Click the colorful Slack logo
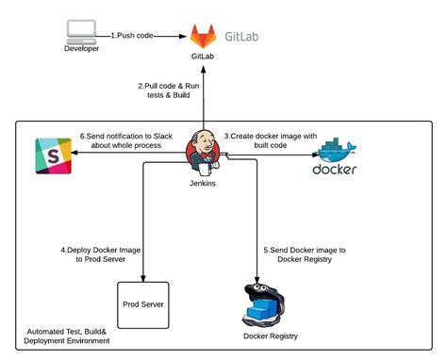point(53,155)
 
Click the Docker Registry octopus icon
point(266,302)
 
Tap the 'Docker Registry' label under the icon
point(272,336)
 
